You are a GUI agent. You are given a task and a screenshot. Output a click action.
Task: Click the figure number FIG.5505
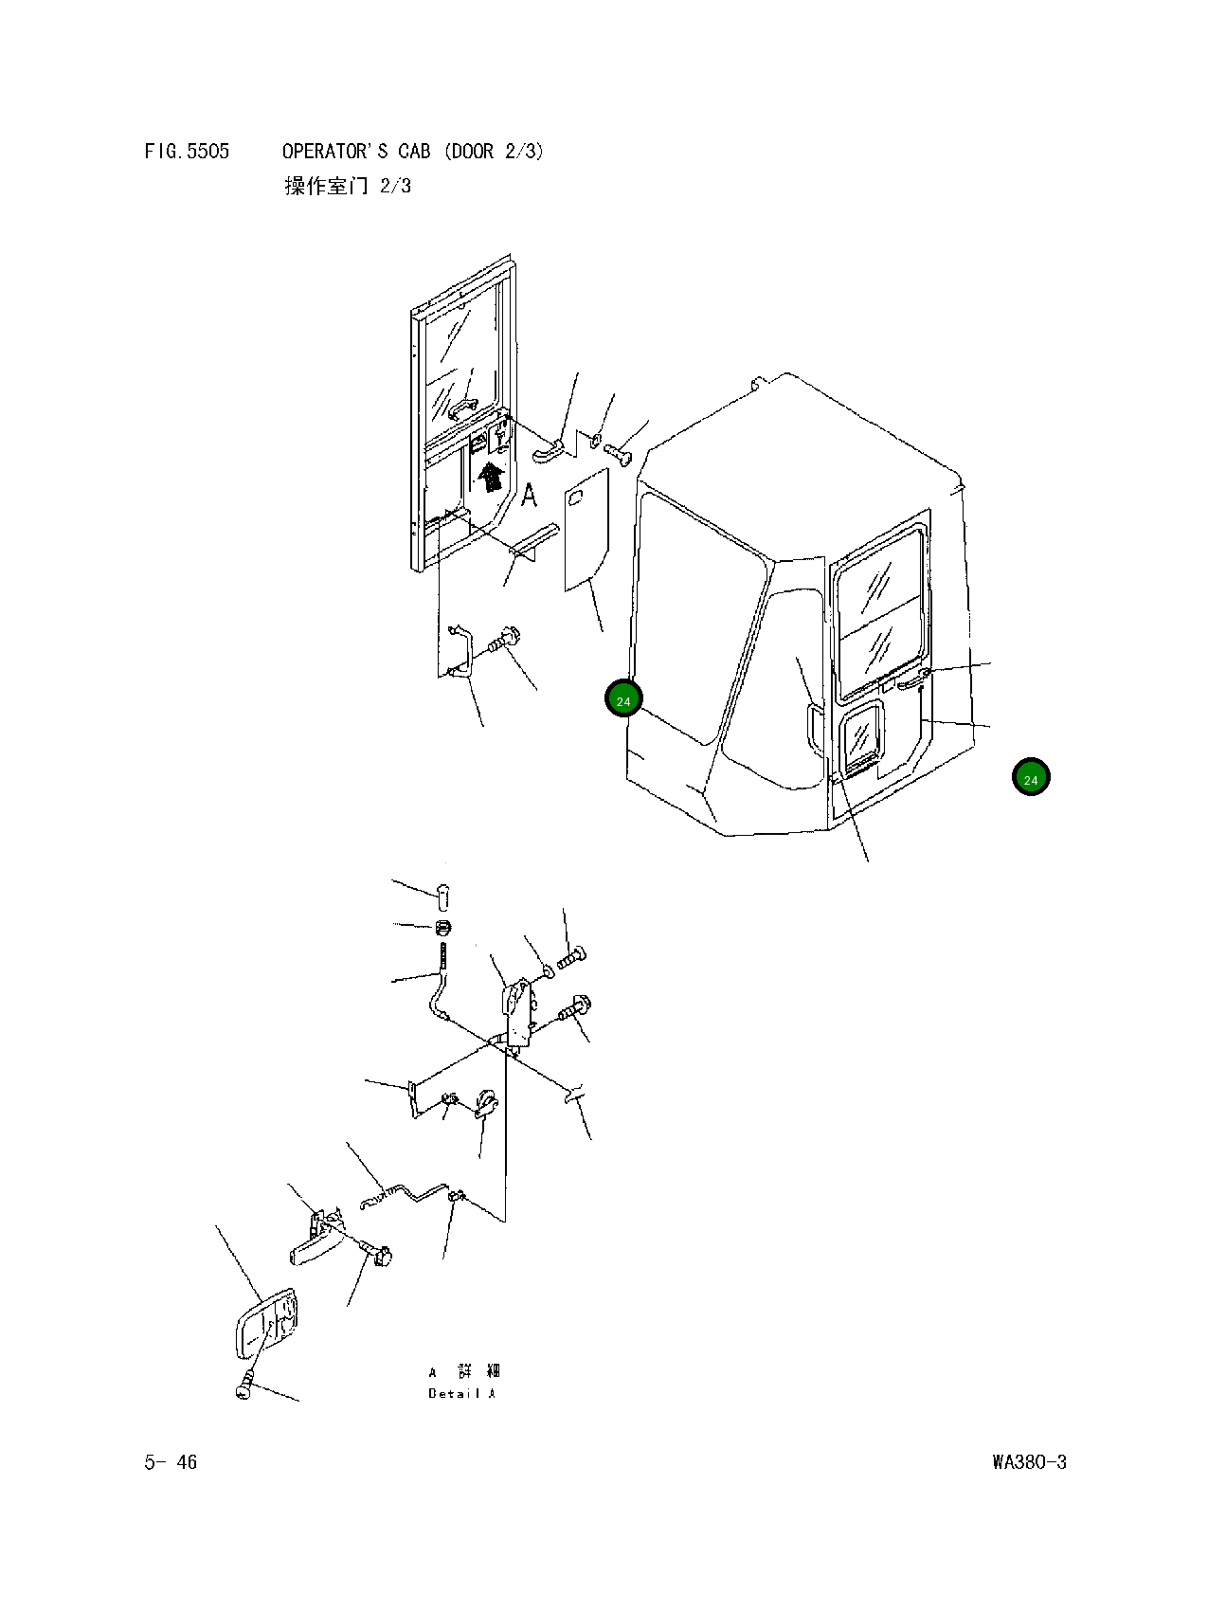(187, 152)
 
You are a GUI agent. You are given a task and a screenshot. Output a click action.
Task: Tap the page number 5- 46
(171, 1462)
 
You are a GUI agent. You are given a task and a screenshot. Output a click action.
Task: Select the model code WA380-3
(1029, 1462)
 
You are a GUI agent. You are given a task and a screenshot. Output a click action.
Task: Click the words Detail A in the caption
(461, 1393)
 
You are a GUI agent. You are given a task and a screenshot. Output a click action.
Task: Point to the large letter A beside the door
(529, 495)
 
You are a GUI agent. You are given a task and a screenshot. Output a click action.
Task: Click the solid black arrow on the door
(490, 476)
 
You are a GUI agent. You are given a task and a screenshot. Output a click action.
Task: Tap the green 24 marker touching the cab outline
(623, 699)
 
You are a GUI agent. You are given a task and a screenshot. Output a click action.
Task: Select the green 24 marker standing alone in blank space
(1031, 778)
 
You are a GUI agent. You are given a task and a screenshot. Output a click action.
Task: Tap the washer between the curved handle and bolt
(592, 440)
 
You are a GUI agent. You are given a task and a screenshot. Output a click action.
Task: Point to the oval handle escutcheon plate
(264, 1325)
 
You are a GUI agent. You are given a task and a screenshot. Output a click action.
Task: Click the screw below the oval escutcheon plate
(244, 1386)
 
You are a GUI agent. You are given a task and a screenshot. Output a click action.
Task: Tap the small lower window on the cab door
(862, 734)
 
